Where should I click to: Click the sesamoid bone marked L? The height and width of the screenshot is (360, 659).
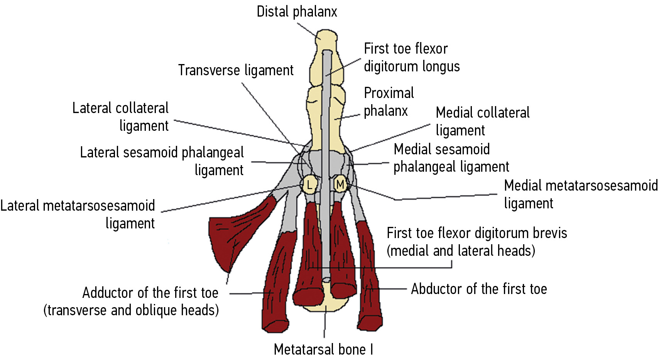(x=309, y=185)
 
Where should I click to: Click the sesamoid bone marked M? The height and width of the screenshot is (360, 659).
(x=340, y=184)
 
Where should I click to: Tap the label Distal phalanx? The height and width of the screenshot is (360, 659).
(x=297, y=12)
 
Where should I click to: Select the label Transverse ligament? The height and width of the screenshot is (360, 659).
(x=236, y=70)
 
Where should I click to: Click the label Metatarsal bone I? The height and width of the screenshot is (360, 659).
(x=323, y=349)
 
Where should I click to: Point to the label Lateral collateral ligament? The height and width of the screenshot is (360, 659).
(x=120, y=117)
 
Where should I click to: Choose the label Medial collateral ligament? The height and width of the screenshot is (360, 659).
(x=482, y=121)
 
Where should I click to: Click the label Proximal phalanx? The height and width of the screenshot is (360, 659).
(x=389, y=102)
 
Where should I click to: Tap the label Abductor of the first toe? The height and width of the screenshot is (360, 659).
(x=479, y=289)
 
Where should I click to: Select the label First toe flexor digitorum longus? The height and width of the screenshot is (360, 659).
(x=412, y=57)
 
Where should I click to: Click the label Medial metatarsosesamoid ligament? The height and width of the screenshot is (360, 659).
(x=581, y=194)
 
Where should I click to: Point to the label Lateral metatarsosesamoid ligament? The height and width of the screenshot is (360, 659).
(x=78, y=214)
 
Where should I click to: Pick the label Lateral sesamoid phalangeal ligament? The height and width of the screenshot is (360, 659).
(x=162, y=161)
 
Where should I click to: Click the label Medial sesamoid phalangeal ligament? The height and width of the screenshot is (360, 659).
(x=451, y=158)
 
